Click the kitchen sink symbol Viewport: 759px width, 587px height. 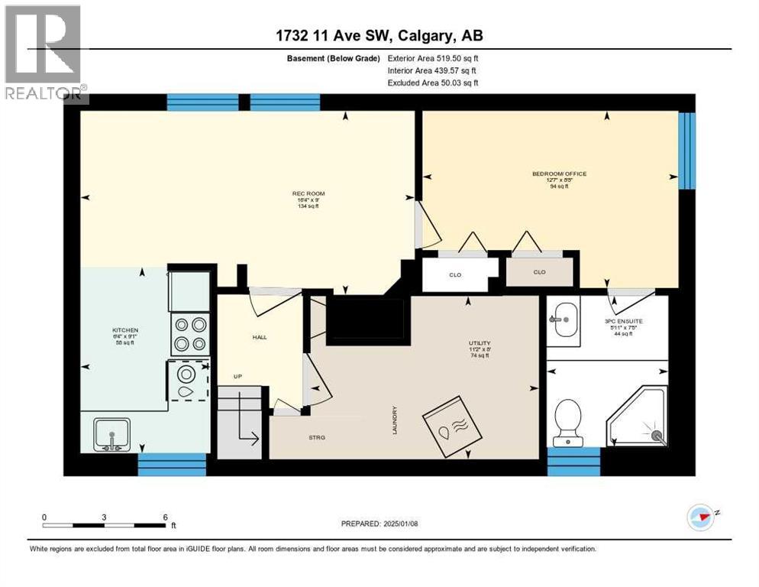point(111,434)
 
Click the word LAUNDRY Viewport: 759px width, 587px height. point(395,421)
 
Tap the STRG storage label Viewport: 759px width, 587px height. point(317,437)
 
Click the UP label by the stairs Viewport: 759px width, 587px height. point(238,378)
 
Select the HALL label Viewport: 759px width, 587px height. point(260,336)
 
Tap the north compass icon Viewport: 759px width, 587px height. point(701,517)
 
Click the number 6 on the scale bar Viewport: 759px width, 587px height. point(165,517)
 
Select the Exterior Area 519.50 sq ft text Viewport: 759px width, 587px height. point(433,58)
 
